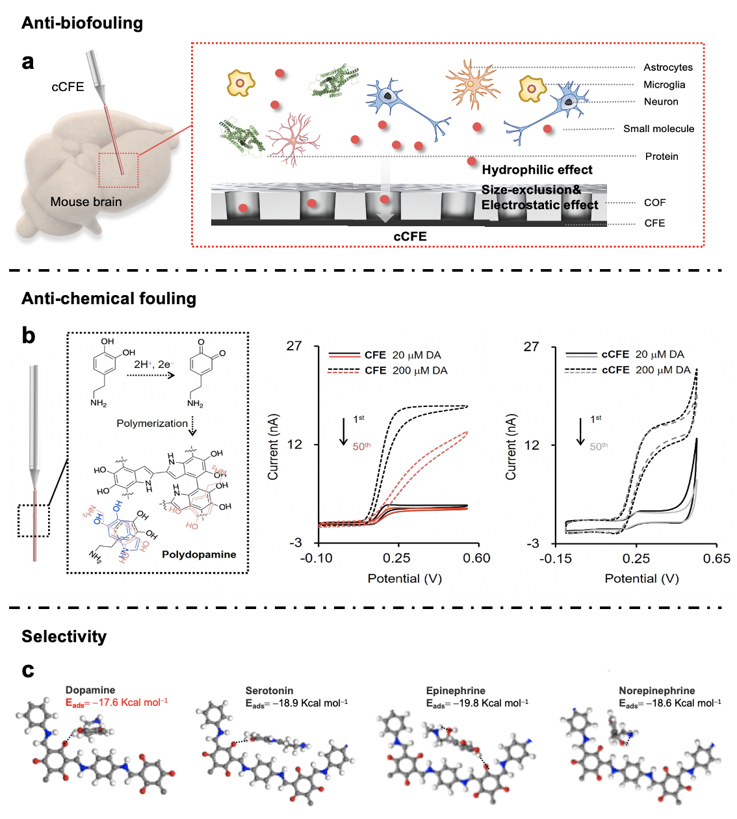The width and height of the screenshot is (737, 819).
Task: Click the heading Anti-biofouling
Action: point(82,23)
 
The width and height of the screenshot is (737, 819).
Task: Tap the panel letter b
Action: point(28,335)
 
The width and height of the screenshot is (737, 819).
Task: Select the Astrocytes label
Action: point(667,68)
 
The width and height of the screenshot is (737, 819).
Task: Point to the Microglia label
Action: point(664,84)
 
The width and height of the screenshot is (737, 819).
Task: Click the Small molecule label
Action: point(658,129)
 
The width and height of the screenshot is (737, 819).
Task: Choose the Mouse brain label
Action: point(86,202)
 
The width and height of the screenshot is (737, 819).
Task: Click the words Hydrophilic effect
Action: point(537,170)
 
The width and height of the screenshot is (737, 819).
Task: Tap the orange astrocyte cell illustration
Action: point(472,84)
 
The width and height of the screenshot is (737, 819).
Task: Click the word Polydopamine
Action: point(199,554)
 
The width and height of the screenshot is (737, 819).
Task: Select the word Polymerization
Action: point(152,423)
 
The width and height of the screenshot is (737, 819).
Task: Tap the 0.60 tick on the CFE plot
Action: point(476,558)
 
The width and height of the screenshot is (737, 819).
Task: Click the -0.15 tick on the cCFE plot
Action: point(556,559)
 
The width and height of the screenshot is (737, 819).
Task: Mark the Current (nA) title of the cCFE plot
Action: point(511,447)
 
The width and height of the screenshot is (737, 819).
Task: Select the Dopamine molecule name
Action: point(90,690)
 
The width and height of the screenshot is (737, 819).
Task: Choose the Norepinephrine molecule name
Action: point(656,691)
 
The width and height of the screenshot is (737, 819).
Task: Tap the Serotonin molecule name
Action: point(269,691)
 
